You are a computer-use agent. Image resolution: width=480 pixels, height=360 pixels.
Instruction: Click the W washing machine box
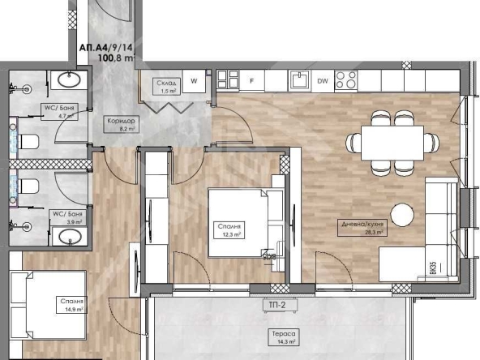pyautogui.click(x=195, y=80)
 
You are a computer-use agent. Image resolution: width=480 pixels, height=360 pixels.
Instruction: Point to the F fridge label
pyautogui.click(x=252, y=81)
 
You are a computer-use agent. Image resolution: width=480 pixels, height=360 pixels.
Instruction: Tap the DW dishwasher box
pyautogui.click(x=322, y=81)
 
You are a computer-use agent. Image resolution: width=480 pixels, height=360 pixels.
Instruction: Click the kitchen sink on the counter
pyautogui.click(x=298, y=79)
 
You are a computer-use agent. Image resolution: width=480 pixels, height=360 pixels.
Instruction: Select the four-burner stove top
pyautogui.click(x=347, y=79)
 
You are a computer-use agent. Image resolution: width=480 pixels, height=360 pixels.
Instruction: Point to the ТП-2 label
pyautogui.click(x=280, y=305)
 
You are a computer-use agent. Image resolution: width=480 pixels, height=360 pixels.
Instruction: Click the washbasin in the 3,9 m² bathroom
pyautogui.click(x=68, y=236)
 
